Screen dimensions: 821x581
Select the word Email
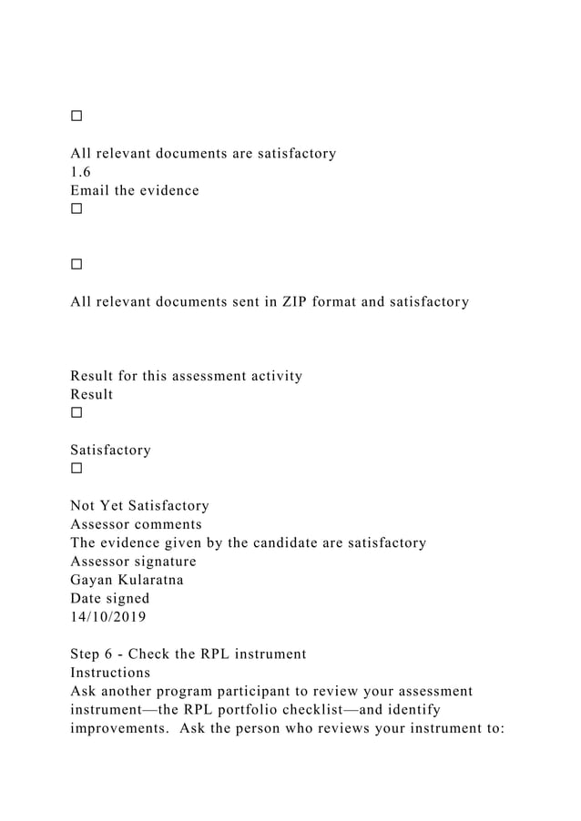[x=91, y=190]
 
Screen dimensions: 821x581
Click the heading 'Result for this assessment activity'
[x=186, y=376]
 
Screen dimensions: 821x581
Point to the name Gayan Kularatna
[x=127, y=580]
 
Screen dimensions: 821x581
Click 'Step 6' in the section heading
[x=94, y=654]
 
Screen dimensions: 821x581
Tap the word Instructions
[x=110, y=673]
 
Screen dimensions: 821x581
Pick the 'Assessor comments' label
[x=136, y=524]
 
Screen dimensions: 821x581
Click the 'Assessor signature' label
[x=133, y=562]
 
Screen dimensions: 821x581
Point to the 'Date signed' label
[x=109, y=599]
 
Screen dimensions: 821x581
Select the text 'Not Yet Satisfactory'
[x=139, y=505]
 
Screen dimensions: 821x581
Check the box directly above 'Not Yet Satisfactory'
[x=76, y=469]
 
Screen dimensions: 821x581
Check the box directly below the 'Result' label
[x=76, y=412]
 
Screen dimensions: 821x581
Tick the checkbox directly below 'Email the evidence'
[x=76, y=208]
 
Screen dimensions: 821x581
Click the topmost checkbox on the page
[x=76, y=117]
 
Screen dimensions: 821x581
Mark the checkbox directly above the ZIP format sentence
[x=76, y=264]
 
